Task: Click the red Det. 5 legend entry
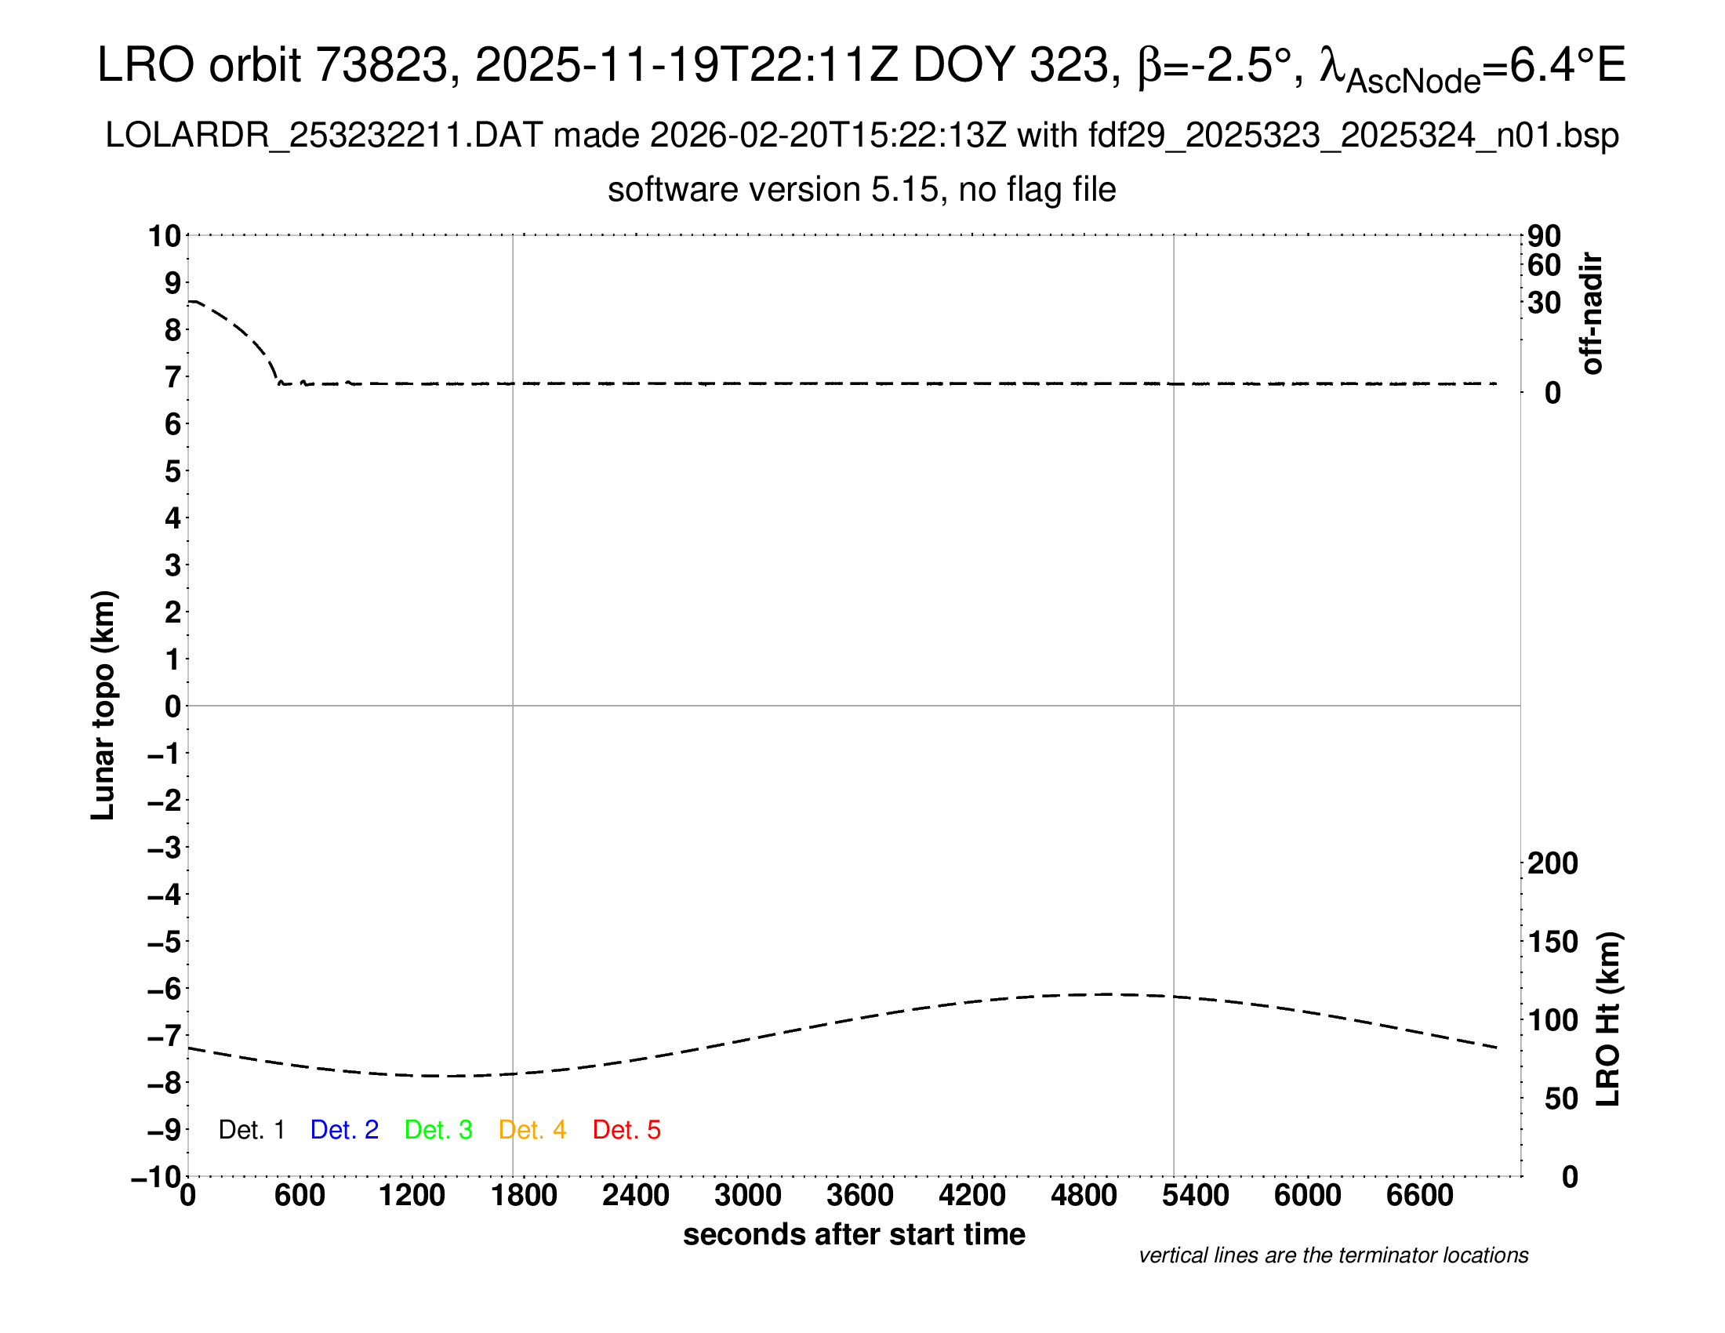[626, 1129]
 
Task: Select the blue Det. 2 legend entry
[344, 1129]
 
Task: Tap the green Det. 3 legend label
[438, 1129]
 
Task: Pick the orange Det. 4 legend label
[532, 1129]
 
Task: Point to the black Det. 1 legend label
[251, 1129]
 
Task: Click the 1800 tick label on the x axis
[524, 1196]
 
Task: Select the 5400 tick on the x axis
[1195, 1196]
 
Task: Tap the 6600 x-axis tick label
[1419, 1196]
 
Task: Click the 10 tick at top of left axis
[165, 236]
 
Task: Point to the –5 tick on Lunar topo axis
[165, 942]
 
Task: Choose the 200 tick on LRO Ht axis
[1552, 863]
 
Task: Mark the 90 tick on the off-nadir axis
[1544, 236]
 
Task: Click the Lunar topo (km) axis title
[103, 705]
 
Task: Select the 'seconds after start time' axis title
[854, 1234]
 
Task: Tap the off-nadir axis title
[1592, 314]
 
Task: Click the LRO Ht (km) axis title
[1607, 1019]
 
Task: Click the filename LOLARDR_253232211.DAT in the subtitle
[324, 136]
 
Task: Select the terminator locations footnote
[1333, 1255]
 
